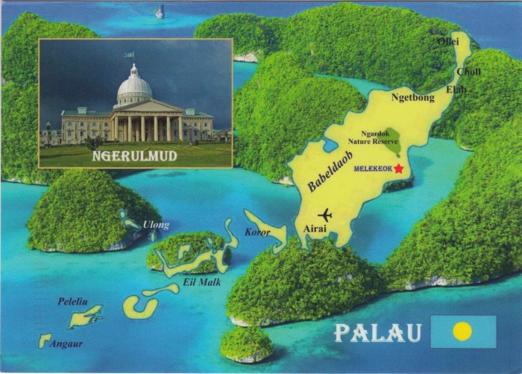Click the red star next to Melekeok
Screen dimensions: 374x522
tap(399, 169)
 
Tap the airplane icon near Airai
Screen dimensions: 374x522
tap(325, 216)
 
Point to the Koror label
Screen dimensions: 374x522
tap(258, 232)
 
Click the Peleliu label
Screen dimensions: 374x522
tap(73, 302)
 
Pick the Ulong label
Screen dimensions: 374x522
tap(156, 225)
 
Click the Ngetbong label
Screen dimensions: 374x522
tap(412, 97)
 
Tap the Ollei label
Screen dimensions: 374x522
tap(448, 41)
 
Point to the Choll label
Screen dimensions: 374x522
tap(468, 72)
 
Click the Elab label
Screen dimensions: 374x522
tap(456, 89)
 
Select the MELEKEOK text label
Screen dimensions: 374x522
tap(373, 169)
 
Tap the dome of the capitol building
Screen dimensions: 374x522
tap(134, 87)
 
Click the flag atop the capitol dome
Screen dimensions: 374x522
tap(129, 54)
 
